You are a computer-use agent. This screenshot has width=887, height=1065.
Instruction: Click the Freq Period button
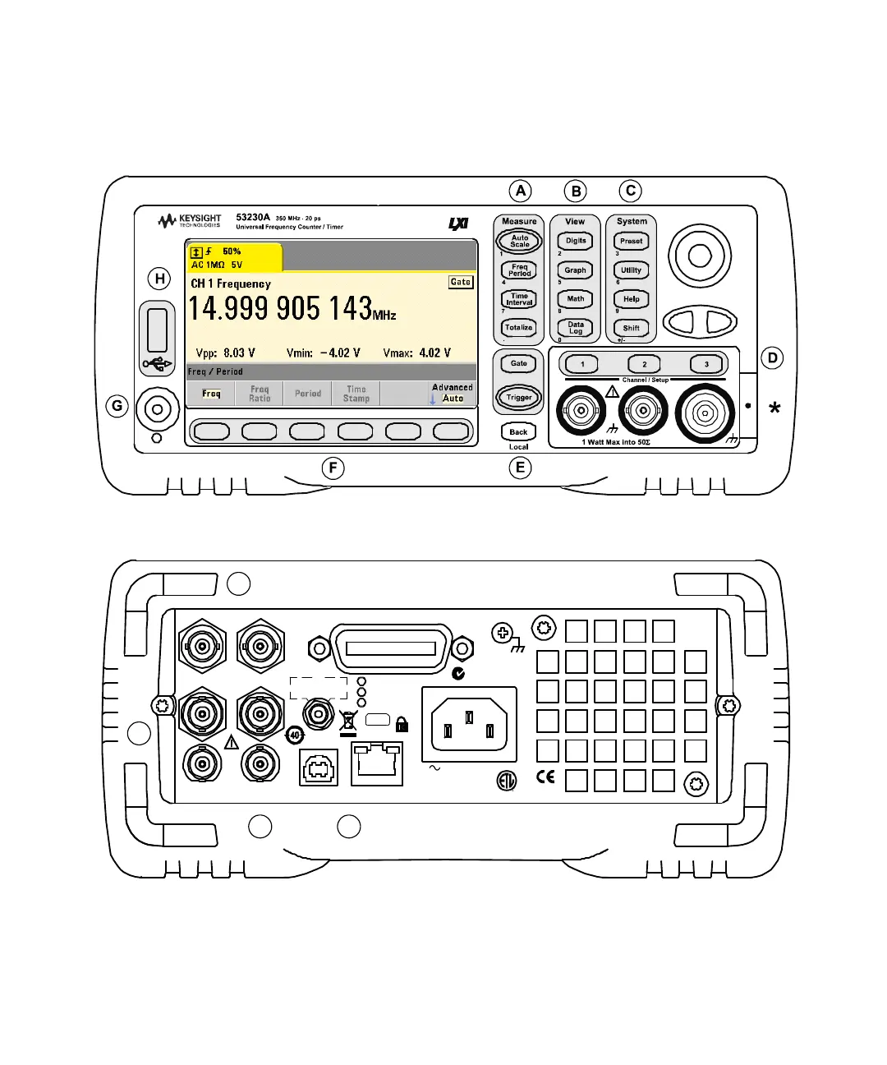point(519,270)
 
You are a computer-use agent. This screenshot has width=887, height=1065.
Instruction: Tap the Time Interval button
point(519,299)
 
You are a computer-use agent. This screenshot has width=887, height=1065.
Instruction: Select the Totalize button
point(519,328)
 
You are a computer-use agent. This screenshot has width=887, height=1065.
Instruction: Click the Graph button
point(575,270)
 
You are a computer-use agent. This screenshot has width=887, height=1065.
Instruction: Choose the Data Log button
point(575,328)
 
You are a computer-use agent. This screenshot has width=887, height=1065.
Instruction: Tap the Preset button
point(631,242)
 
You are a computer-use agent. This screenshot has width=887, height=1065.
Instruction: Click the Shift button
point(631,328)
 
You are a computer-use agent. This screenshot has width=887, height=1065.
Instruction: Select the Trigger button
point(519,398)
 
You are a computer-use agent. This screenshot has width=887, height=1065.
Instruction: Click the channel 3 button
point(705,364)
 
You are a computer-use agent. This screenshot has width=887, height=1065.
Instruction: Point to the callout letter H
point(160,279)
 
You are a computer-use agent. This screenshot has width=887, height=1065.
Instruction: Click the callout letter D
point(772,357)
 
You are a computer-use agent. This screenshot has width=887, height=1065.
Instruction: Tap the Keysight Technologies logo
point(190,221)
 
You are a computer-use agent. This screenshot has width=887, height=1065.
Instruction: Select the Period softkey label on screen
point(308,394)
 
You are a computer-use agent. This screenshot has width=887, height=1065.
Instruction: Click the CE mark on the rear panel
point(545,777)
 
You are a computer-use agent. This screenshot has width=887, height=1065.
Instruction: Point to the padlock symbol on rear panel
point(402,724)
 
